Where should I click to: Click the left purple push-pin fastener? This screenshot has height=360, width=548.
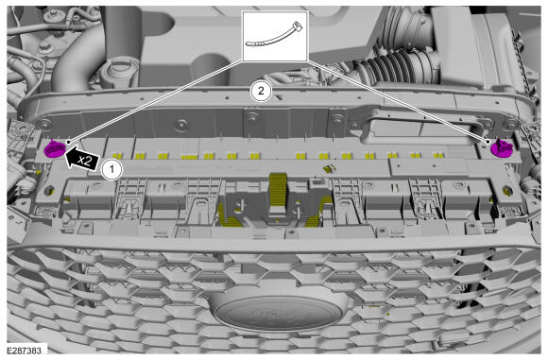[x=55, y=149]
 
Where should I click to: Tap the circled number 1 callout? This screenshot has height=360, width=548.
[x=111, y=170]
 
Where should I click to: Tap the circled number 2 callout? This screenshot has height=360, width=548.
[x=261, y=91]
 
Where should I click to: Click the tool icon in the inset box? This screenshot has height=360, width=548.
[x=275, y=34]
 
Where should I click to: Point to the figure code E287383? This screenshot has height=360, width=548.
[x=24, y=351]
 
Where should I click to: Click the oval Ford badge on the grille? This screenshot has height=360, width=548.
[x=278, y=313]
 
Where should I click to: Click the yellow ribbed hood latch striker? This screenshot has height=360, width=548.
[x=278, y=191]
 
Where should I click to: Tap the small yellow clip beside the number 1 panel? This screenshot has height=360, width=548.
[x=328, y=169]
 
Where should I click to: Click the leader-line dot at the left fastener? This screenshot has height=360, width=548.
[x=69, y=143]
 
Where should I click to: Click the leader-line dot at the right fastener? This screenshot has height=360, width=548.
[x=488, y=141]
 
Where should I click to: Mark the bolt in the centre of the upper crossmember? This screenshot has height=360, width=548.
[x=251, y=115]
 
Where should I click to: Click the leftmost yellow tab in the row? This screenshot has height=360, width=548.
[x=116, y=155]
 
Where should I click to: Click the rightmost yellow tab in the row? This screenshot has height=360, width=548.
[x=437, y=154]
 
